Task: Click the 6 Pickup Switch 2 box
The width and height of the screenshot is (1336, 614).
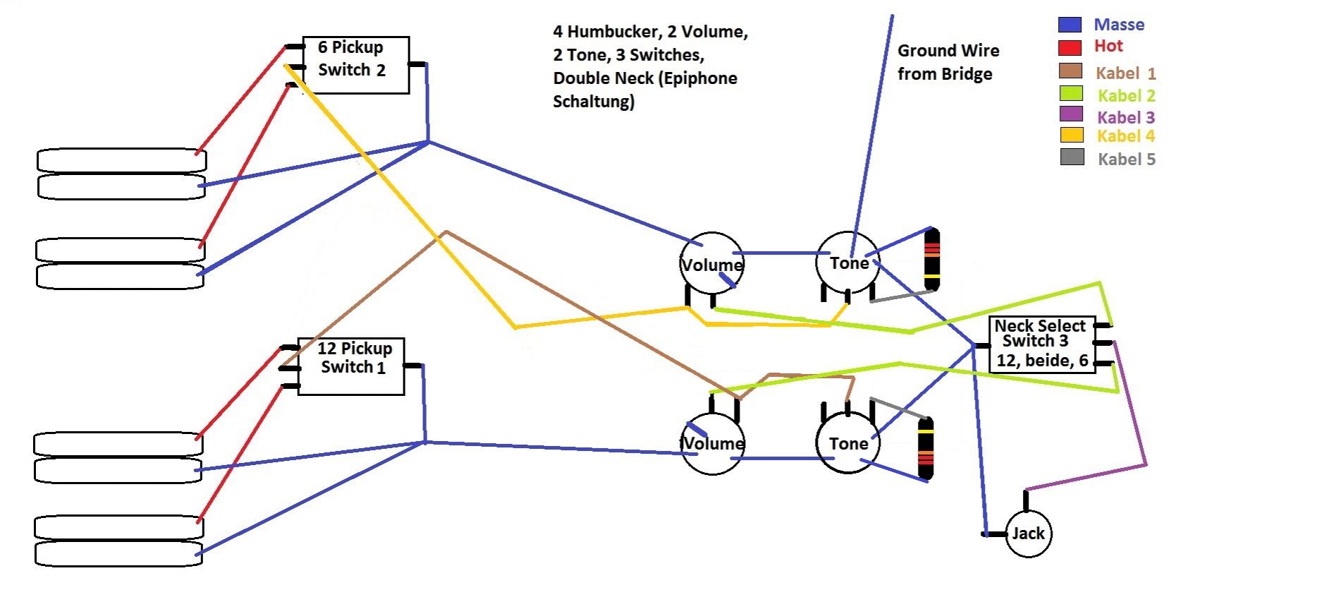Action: (356, 65)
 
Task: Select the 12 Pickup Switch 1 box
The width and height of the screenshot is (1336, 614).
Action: (351, 366)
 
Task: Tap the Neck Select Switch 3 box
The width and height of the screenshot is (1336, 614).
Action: (1042, 344)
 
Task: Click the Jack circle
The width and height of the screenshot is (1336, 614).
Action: (1028, 534)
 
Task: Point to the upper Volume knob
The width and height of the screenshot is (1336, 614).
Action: (712, 264)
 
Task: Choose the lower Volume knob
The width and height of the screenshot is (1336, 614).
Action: (712, 443)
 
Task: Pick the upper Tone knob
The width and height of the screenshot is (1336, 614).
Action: (848, 263)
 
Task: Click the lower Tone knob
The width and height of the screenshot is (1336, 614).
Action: (848, 443)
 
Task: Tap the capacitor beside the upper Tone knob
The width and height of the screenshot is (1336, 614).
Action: (932, 259)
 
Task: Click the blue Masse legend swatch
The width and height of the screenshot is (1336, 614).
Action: (1070, 25)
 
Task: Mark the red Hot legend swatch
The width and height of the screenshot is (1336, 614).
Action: (1070, 47)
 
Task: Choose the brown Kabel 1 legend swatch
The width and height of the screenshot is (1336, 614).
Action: (1070, 71)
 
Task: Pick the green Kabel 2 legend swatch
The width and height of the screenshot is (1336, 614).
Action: (1071, 93)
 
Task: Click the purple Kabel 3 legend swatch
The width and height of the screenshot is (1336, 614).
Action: (1071, 114)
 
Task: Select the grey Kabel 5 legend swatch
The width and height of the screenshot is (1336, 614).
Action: (1072, 157)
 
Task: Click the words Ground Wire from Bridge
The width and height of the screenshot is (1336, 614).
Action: (948, 62)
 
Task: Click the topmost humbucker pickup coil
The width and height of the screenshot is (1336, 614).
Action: (121, 160)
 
